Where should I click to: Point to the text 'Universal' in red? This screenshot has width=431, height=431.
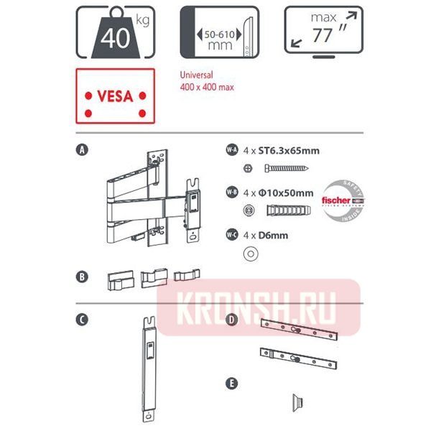point(198,75)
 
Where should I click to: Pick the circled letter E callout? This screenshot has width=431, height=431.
point(231,384)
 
